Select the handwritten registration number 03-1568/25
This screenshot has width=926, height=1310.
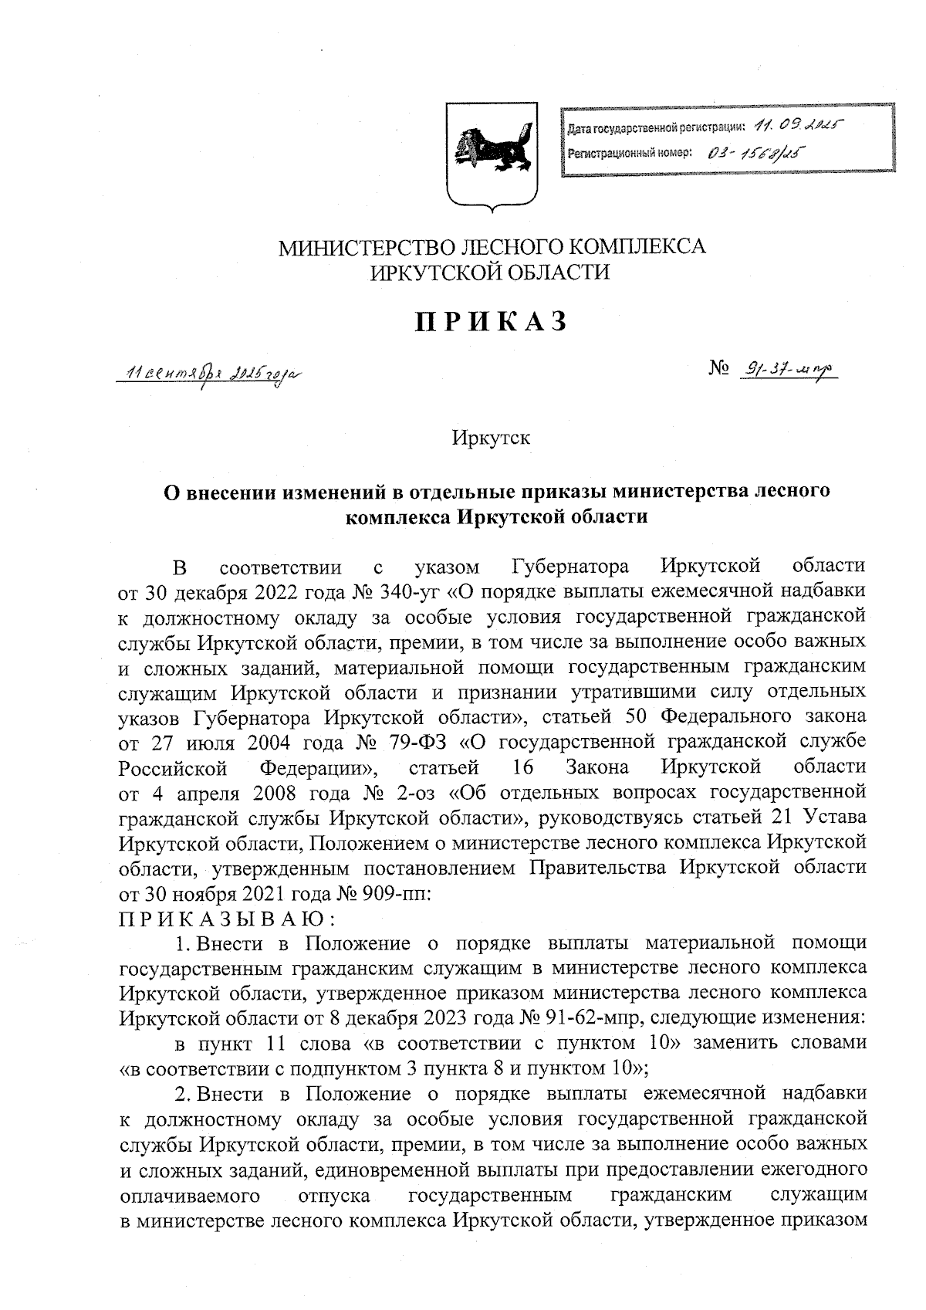pyautogui.click(x=752, y=152)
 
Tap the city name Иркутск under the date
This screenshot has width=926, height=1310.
pyautogui.click(x=492, y=438)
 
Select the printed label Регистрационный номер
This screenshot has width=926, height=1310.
pyautogui.click(x=630, y=153)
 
